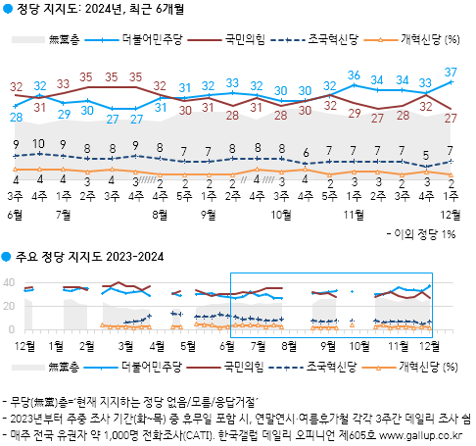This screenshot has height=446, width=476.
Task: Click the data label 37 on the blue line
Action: pyautogui.click(x=450, y=72)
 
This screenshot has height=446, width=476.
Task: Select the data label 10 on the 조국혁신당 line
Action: pyautogui.click(x=38, y=145)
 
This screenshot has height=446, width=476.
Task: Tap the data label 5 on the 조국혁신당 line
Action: pyautogui.click(x=426, y=154)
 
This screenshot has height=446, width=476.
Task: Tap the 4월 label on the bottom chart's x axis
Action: pyautogui.click(x=158, y=345)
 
